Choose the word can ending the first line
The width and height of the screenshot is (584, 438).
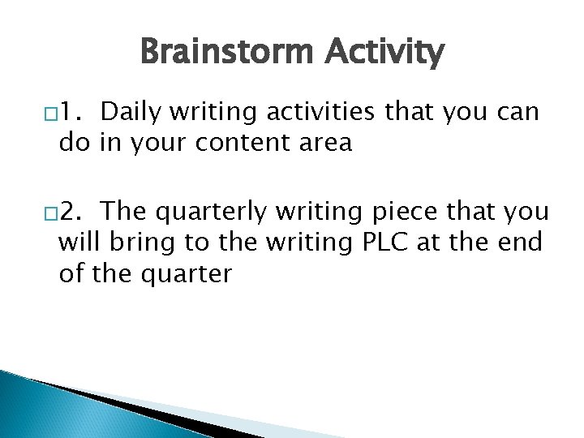point(514,111)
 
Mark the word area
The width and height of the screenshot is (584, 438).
point(324,144)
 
